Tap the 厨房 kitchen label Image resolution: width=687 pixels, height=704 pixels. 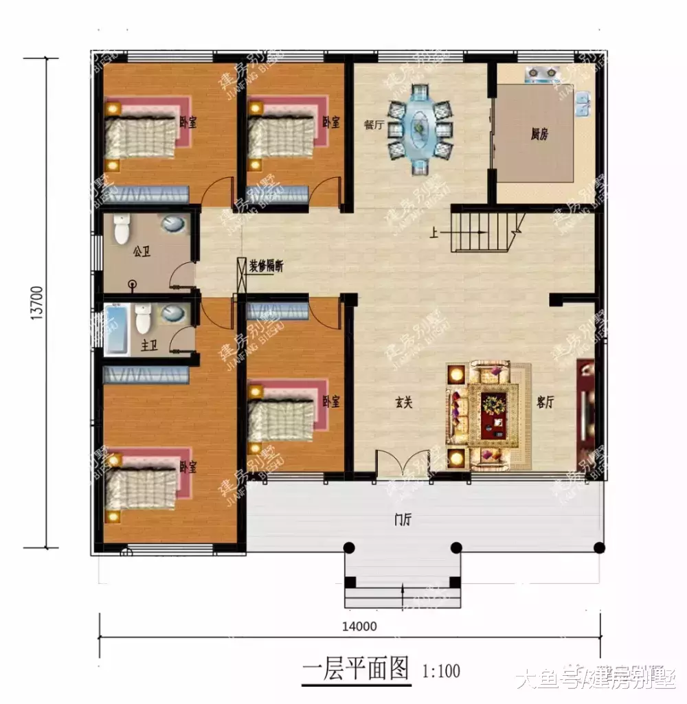[x=539, y=135]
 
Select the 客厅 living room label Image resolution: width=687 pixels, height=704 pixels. [x=545, y=402]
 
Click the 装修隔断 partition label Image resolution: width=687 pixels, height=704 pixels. [x=266, y=266]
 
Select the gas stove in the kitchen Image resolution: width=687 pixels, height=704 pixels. [x=541, y=73]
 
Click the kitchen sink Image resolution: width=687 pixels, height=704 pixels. [x=585, y=104]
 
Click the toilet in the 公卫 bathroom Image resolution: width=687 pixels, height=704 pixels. [x=122, y=229]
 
